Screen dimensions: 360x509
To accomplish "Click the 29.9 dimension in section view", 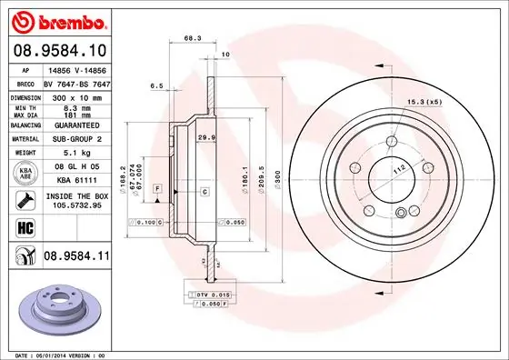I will (205, 137).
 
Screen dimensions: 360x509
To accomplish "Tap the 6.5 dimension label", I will (156, 87).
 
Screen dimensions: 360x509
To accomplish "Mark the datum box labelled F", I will (157, 188).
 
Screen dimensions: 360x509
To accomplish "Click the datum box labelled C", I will (205, 191).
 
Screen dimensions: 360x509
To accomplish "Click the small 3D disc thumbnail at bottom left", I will (57, 307).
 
